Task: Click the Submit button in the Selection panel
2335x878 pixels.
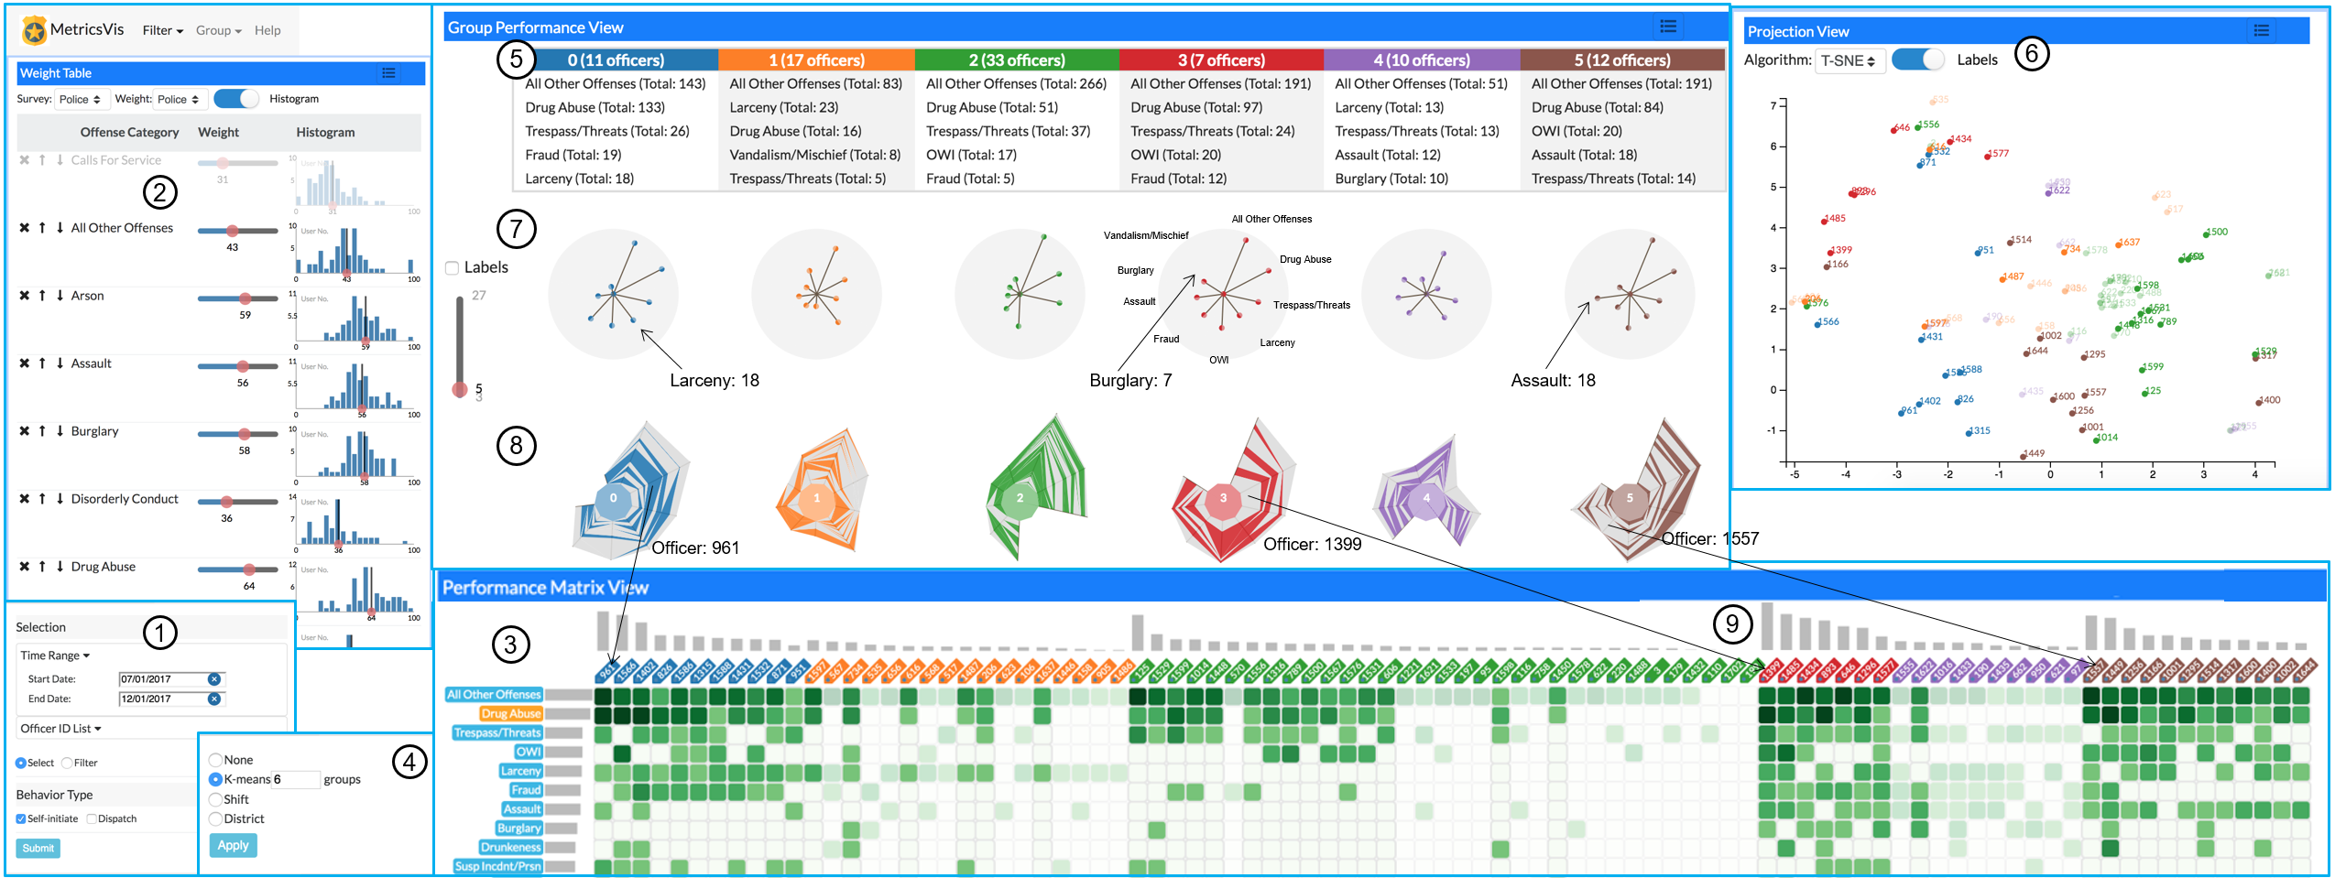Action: [38, 848]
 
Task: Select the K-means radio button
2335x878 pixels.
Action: [216, 779]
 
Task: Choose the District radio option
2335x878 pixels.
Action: [216, 818]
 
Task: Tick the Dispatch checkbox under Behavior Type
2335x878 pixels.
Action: [92, 818]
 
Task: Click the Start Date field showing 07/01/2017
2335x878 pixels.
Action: [164, 679]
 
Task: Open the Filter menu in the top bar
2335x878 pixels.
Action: [162, 30]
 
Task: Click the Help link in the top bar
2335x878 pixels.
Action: [267, 30]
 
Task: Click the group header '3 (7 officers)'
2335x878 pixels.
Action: [1220, 60]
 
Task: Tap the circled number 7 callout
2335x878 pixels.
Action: [516, 228]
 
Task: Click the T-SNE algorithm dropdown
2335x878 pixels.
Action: [1848, 60]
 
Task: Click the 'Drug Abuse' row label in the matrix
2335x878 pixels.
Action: [510, 713]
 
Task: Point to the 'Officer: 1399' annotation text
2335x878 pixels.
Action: [1312, 545]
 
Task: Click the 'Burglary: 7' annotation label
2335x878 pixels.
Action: [1129, 380]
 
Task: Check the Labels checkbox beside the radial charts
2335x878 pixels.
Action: [452, 267]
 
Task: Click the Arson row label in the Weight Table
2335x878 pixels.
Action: [88, 296]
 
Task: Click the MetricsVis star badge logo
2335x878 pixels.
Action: [35, 31]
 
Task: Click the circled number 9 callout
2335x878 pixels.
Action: [1731, 623]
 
